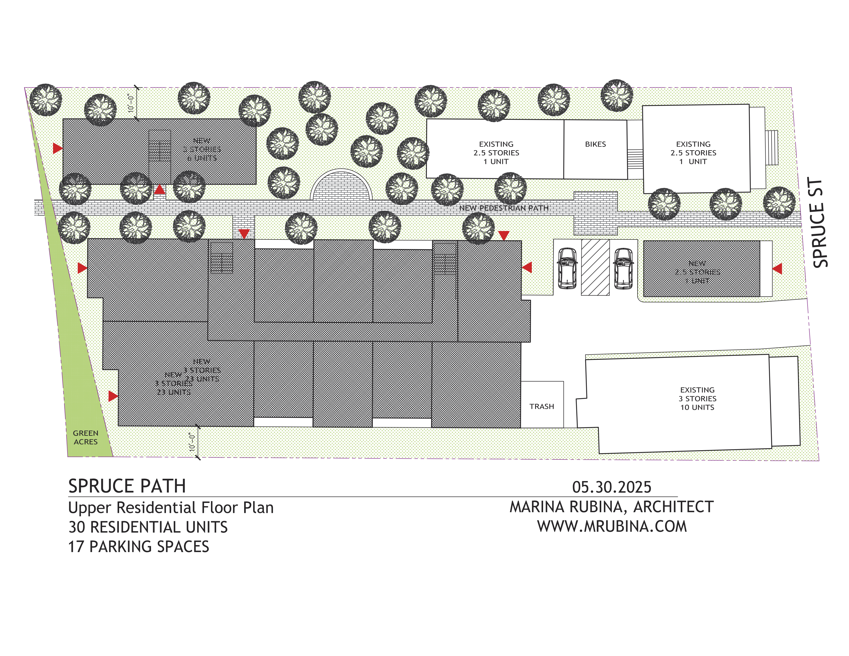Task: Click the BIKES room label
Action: click(595, 144)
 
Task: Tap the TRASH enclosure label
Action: click(542, 406)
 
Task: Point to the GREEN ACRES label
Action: click(85, 437)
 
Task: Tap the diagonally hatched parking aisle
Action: click(595, 267)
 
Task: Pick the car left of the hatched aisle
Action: click(567, 268)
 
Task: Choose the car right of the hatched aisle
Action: click(624, 268)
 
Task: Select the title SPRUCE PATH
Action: click(127, 486)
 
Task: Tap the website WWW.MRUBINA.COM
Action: click(612, 526)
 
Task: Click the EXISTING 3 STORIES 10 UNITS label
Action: click(697, 398)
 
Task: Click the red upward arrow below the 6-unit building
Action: click(160, 190)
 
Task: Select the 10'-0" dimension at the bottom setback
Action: click(192, 442)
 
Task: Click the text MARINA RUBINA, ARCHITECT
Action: click(612, 507)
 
